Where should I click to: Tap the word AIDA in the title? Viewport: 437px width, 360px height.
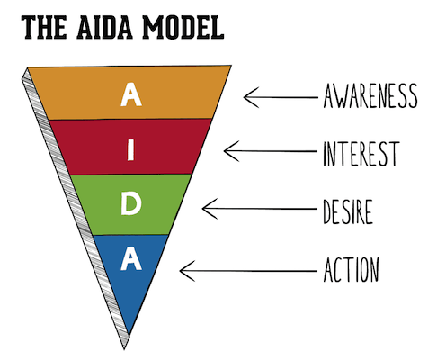104,28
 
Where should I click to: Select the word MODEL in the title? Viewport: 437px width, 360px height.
182,28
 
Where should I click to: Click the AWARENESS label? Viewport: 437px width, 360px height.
370,94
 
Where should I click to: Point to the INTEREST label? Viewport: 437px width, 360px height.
360,153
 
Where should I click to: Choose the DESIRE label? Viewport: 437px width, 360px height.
346,211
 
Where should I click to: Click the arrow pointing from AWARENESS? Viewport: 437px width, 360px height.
277,94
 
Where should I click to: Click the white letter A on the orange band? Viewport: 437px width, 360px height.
130,94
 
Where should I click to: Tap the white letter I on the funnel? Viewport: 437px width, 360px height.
131,150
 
